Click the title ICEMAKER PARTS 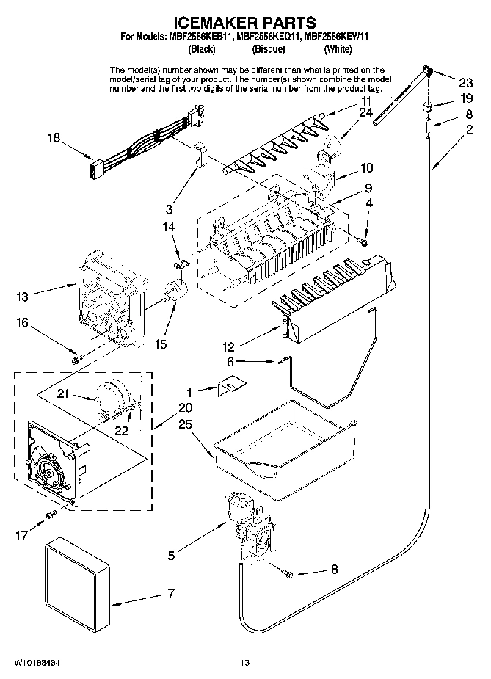click(x=244, y=23)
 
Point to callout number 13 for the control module click(x=22, y=297)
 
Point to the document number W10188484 click(x=36, y=663)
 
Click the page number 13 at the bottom click(x=245, y=663)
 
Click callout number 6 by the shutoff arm click(x=230, y=362)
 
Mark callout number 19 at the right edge click(x=466, y=98)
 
